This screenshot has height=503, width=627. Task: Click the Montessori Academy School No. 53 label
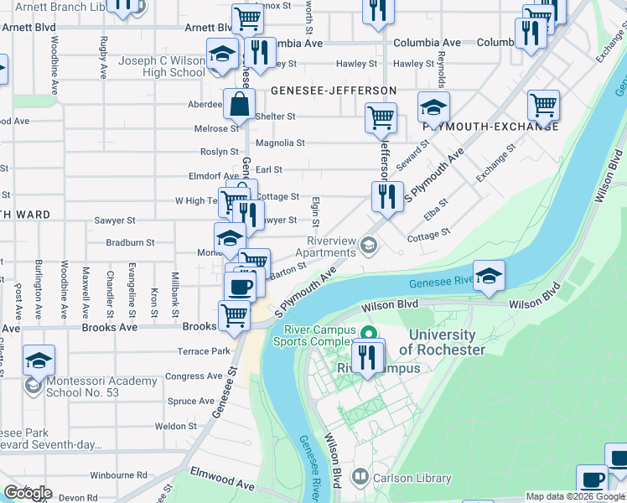pos(92,386)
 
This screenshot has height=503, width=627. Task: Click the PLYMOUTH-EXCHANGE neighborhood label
pos(490,126)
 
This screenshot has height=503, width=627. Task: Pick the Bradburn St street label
pos(130,242)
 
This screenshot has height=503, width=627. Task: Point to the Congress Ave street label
pos(193,376)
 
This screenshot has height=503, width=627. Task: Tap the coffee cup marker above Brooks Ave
pos(241,288)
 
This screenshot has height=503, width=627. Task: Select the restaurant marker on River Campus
pos(366,357)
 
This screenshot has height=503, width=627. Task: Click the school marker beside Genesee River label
pos(489,276)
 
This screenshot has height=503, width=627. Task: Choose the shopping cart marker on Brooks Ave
pos(234,316)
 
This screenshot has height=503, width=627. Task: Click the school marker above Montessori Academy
pos(39,360)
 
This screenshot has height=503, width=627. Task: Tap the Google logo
pos(28,493)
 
